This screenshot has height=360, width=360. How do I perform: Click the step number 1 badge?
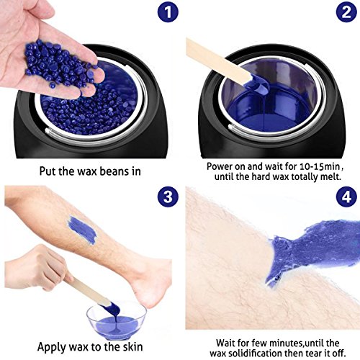tap(168, 12)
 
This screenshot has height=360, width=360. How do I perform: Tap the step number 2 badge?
tap(346, 12)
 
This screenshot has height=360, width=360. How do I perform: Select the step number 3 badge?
tap(168, 197)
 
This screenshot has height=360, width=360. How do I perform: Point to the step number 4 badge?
tap(346, 197)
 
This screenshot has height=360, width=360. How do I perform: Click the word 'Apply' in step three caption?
tap(52, 347)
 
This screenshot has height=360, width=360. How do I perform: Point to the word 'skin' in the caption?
tap(132, 346)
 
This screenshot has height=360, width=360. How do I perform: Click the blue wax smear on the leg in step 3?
tap(82, 230)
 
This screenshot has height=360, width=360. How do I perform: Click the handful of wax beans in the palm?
tap(59, 63)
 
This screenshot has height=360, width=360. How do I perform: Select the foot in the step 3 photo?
tap(150, 281)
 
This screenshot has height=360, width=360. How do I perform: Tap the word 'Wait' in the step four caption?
tap(226, 343)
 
